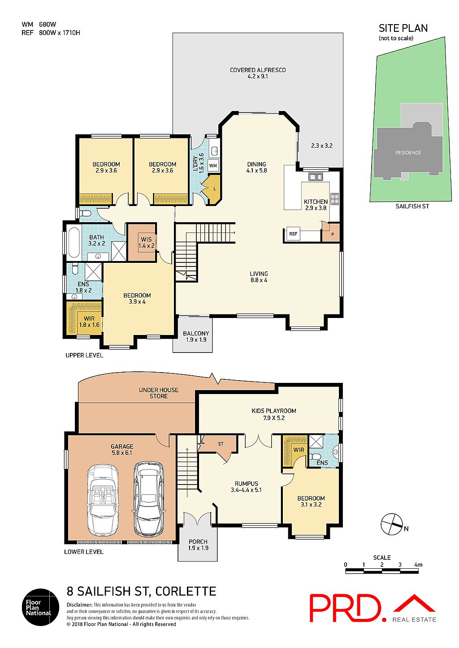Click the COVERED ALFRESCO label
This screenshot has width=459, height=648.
pyautogui.click(x=257, y=73)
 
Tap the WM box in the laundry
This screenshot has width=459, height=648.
pyautogui.click(x=213, y=166)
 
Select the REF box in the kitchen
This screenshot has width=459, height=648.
pyautogui.click(x=293, y=234)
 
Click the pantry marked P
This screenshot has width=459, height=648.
pyautogui.click(x=333, y=234)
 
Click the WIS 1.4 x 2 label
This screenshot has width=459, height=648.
pyautogui.click(x=146, y=242)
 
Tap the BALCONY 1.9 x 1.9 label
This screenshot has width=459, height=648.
pyautogui.click(x=196, y=336)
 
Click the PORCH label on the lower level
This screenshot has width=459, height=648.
pyautogui.click(x=198, y=545)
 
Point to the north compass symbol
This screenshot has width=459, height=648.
pyautogui.click(x=392, y=524)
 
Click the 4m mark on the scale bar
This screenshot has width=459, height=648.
pyautogui.click(x=418, y=565)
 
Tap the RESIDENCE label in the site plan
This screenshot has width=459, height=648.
pyautogui.click(x=408, y=153)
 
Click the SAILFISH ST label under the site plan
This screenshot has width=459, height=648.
pyautogui.click(x=412, y=206)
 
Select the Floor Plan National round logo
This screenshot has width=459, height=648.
pyautogui.click(x=40, y=607)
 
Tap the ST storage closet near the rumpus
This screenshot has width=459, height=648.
pyautogui.click(x=221, y=444)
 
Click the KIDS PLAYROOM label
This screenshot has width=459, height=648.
pyautogui.click(x=273, y=414)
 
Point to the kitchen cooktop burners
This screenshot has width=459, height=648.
pyautogui.click(x=334, y=198)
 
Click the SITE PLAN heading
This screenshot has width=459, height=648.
pyautogui.click(x=403, y=28)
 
